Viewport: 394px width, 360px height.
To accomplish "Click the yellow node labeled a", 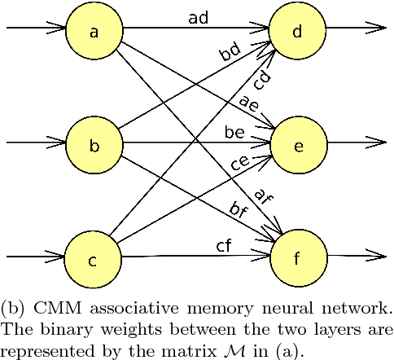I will pyautogui.click(x=94, y=32).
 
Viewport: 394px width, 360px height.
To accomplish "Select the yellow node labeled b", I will pyautogui.click(x=94, y=146).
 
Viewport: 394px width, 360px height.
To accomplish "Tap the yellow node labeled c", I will pyautogui.click(x=93, y=261).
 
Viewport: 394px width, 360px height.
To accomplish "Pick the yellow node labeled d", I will pyautogui.click(x=297, y=32).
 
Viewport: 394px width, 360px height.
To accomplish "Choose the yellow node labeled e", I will pyautogui.click(x=298, y=146).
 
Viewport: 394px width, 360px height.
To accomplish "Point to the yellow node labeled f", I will pyautogui.click(x=298, y=261).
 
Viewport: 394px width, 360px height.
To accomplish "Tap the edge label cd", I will pyautogui.click(x=262, y=81).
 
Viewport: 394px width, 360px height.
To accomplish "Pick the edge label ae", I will pyautogui.click(x=248, y=104).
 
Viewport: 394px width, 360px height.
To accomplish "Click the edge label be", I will pyautogui.click(x=234, y=131).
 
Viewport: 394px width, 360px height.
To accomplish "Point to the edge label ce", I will pyautogui.click(x=240, y=162).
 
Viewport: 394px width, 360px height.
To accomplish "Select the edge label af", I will pyautogui.click(x=262, y=196).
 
